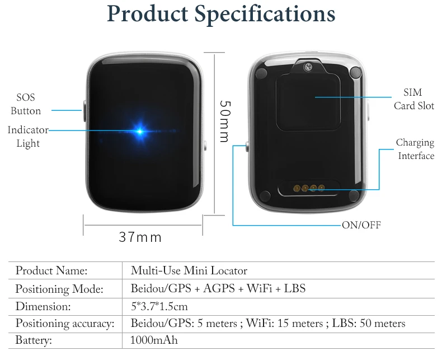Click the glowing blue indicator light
tap(140, 132)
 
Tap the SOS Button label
tap(26, 104)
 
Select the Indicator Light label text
tap(28, 137)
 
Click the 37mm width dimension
tap(140, 237)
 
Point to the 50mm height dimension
tap(224, 121)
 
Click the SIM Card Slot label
tap(413, 99)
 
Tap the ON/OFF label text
tap(361, 225)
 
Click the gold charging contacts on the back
tap(309, 188)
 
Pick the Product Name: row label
tap(51, 271)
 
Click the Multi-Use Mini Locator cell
tap(189, 271)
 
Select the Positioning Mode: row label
tap(59, 289)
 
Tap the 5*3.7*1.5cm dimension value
tap(158, 307)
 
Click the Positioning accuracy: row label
tap(65, 324)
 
